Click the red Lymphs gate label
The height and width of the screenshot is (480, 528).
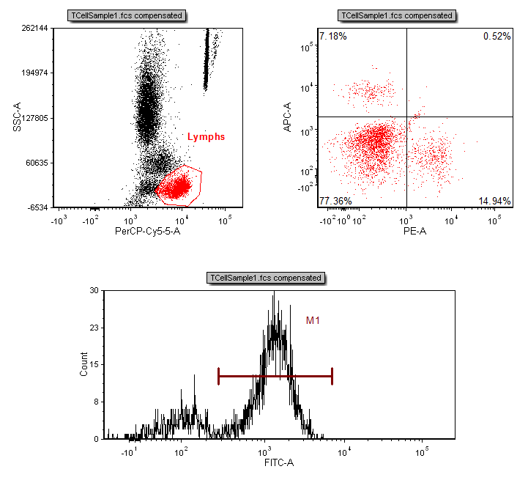[x=206, y=136]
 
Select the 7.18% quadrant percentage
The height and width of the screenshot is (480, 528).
[x=333, y=36]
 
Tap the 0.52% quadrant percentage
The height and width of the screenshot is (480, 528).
[x=497, y=36]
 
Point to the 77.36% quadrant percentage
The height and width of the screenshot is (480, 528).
[x=335, y=201]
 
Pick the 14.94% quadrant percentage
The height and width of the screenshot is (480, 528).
[x=494, y=201]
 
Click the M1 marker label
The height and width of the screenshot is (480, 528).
[x=313, y=320]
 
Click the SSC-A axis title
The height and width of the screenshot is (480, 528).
[x=16, y=118]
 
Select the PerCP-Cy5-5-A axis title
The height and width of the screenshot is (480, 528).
[x=147, y=232]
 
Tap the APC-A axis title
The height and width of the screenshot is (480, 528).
[x=287, y=118]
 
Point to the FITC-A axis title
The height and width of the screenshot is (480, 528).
[x=279, y=462]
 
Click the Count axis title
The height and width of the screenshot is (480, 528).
[x=83, y=364]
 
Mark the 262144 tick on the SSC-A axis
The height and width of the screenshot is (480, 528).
[x=34, y=29]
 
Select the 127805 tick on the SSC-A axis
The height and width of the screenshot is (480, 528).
[x=34, y=118]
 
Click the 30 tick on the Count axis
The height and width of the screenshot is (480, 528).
[x=94, y=290]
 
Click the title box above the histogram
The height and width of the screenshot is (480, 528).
[x=266, y=278]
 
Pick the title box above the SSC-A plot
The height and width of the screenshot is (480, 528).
[x=127, y=15]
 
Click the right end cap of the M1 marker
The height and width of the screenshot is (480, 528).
[x=332, y=376]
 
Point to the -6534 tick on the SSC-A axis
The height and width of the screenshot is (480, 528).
[x=37, y=207]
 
